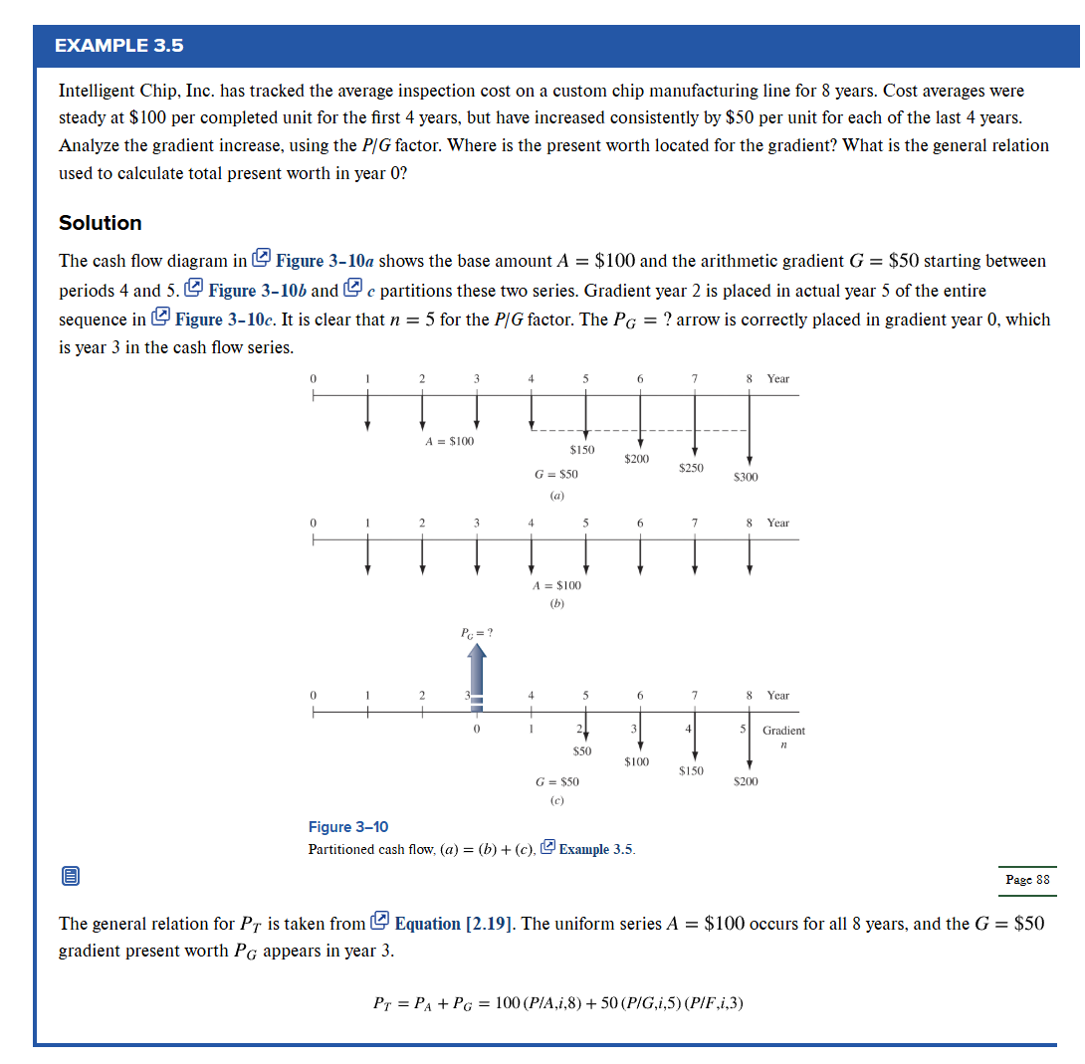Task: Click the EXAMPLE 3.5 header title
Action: pos(119,46)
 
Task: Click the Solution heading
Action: pos(101,223)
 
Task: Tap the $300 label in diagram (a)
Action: pos(746,478)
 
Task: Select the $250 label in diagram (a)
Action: pos(691,468)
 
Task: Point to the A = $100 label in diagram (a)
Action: pos(449,441)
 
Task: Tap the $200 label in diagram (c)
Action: pos(746,781)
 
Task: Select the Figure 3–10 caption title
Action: pos(348,827)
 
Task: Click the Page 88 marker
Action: pos(1027,880)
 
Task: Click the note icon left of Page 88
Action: pos(70,877)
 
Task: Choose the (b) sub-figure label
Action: pos(557,604)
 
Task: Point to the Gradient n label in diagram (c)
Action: pos(783,738)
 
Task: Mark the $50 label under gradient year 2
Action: pos(582,749)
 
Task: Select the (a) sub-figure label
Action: pos(557,494)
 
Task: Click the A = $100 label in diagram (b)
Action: pos(557,585)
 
